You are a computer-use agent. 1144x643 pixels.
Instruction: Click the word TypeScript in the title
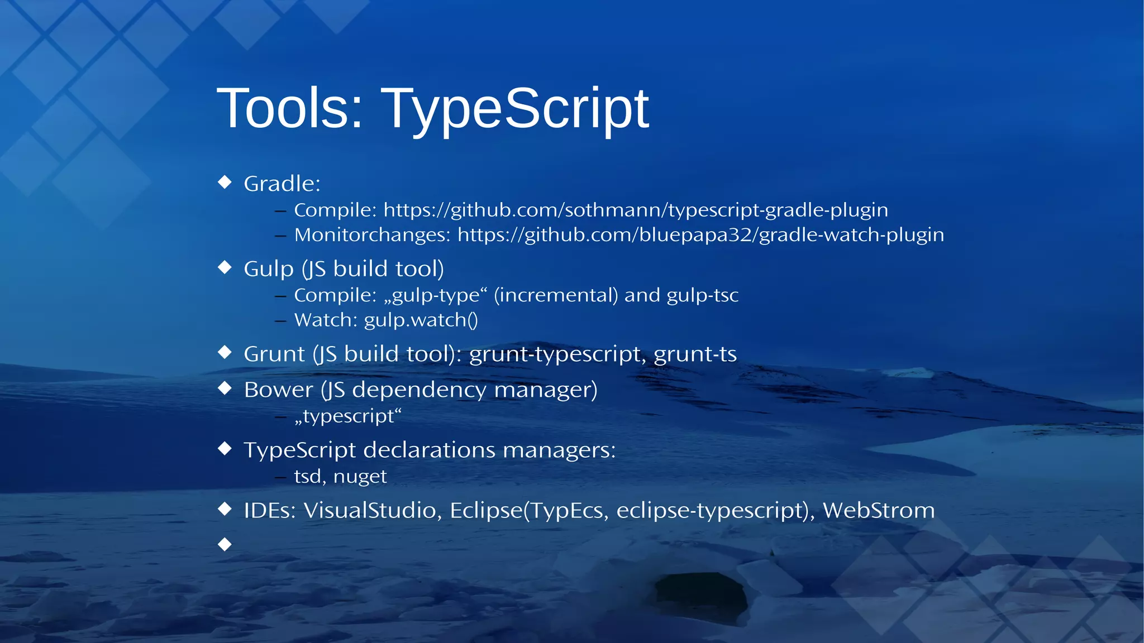point(515,108)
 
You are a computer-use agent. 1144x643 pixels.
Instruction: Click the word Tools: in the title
point(290,108)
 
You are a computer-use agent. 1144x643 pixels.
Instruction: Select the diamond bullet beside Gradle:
point(225,182)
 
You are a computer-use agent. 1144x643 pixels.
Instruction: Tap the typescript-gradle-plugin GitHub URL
point(636,210)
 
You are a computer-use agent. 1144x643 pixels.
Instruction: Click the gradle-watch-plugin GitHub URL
point(700,235)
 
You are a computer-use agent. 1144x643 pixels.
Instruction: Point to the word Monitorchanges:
point(372,235)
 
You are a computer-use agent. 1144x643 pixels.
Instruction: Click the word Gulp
point(268,269)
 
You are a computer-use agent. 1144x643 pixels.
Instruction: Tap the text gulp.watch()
point(421,320)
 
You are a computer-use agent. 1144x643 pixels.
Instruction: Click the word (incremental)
point(556,295)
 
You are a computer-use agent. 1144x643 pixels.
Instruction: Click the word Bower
point(278,390)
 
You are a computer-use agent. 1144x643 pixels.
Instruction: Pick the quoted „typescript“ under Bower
point(348,416)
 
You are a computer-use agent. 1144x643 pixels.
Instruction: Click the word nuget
point(360,477)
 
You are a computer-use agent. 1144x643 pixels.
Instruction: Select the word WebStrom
point(878,510)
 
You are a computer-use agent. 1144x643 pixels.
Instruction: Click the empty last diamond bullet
point(225,544)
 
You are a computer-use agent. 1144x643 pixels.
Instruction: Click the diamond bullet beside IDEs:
point(225,508)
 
